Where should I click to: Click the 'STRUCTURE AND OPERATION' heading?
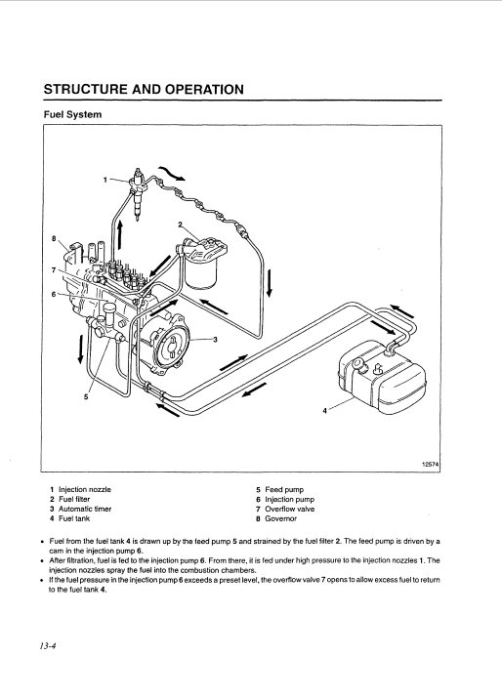144,89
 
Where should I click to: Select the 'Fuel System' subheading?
72,114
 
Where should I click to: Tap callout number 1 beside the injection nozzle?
105,180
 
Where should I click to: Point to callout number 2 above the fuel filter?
180,225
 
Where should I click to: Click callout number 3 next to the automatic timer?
215,340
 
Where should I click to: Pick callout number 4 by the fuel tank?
324,411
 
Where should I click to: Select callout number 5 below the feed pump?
86,397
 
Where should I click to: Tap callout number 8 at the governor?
54,238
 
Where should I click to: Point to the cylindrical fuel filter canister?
201,273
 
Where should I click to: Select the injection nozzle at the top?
137,193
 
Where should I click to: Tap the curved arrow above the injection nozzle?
172,174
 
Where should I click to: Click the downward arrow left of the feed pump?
81,349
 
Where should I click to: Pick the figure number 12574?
431,465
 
